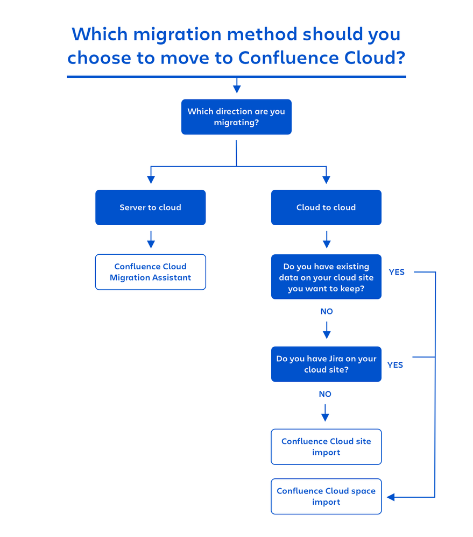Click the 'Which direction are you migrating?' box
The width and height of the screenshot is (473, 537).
236,117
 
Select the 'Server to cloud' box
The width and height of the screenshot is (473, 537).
150,207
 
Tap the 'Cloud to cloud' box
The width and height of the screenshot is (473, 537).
326,207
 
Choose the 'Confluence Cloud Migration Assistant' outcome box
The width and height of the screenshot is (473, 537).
150,272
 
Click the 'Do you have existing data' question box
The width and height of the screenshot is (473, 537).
326,277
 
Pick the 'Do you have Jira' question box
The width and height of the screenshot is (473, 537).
326,364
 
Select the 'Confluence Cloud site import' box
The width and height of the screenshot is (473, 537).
326,447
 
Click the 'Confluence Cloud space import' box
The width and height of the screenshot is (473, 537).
326,496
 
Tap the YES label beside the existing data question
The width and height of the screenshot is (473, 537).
397,272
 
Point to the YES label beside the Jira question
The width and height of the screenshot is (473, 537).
395,365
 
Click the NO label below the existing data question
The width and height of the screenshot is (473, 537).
326,312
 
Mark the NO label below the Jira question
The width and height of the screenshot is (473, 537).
325,394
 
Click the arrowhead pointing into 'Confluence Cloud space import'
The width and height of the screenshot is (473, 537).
391,497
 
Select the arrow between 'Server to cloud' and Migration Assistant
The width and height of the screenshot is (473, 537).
151,240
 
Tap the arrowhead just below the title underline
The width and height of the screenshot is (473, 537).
236,88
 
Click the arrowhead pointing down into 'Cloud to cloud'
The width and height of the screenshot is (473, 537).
326,180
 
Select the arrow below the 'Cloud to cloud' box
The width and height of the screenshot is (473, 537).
326,240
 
